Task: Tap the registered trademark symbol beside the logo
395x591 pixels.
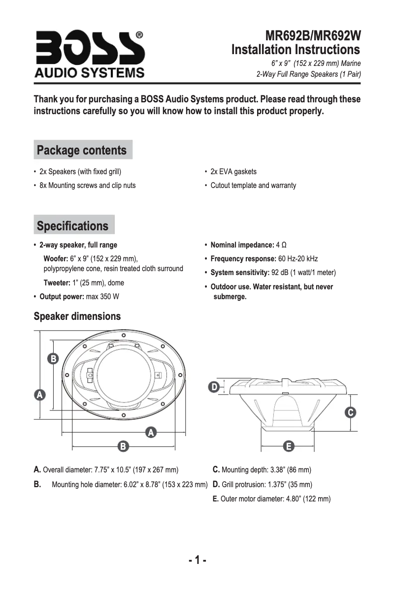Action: coord(139,35)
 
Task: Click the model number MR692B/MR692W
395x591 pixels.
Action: coord(313,36)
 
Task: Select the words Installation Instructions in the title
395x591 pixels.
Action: coord(296,50)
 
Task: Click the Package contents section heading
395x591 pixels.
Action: coord(82,150)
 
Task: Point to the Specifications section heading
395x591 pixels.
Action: coord(72,226)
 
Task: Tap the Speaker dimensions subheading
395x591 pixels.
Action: coord(77,316)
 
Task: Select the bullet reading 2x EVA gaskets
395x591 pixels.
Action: coord(233,172)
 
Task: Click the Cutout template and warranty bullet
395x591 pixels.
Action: coord(253,186)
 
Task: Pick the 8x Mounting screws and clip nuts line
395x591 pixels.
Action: coord(87,186)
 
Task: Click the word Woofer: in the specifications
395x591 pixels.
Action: coord(56,259)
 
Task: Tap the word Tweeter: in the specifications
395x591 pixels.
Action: coord(56,283)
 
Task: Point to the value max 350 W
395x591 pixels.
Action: coord(102,297)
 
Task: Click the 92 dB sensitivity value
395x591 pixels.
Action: coord(281,273)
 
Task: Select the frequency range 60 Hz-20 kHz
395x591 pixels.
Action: coord(298,259)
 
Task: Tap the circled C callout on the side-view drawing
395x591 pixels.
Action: coord(350,412)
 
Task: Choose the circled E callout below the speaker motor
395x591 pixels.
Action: coord(289,446)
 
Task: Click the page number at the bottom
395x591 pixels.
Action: coord(197,560)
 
